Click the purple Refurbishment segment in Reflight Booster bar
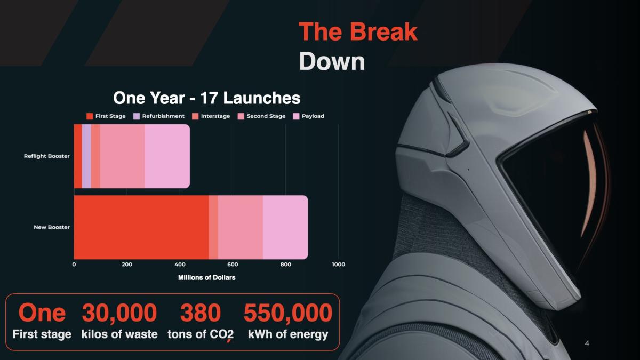(86, 156)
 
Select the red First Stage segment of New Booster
(141, 227)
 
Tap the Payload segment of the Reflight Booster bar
(167, 156)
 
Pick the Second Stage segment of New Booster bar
(241, 227)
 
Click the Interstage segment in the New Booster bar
(213, 227)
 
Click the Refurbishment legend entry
(159, 116)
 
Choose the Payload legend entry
(309, 116)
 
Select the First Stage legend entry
(106, 116)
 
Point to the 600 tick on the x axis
(233, 265)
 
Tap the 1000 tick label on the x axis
(338, 265)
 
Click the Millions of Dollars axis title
(206, 278)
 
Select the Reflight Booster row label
(47, 156)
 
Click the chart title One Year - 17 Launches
(206, 98)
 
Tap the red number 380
(201, 313)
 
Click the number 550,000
(288, 313)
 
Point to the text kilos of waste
(119, 334)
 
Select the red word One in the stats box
(42, 313)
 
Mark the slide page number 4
(587, 343)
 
